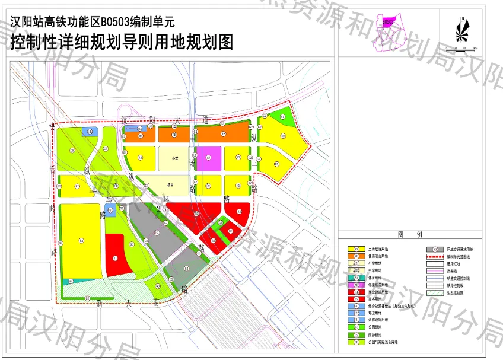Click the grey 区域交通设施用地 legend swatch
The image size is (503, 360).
435,249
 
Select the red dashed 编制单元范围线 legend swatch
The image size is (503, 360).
435,256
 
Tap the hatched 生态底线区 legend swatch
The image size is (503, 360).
435,292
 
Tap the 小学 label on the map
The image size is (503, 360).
176,158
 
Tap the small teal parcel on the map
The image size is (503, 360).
142,129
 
